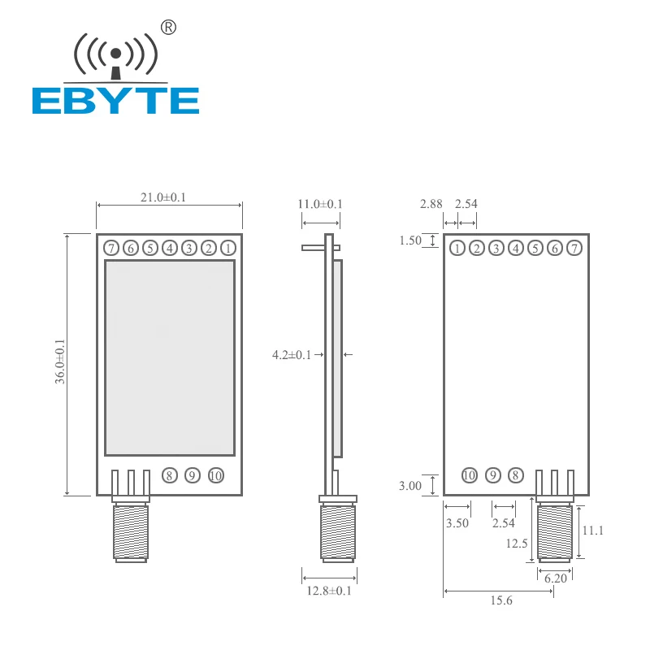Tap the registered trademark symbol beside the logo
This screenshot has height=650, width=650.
(x=169, y=28)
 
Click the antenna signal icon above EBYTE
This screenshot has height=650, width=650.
(x=115, y=55)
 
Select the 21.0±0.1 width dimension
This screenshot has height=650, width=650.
(x=162, y=197)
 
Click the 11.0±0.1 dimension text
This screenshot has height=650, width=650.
(x=320, y=204)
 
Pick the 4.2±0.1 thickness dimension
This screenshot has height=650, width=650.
(x=292, y=354)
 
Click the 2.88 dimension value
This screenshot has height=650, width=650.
(x=431, y=204)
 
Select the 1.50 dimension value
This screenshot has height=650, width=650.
(x=410, y=240)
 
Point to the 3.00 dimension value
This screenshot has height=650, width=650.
(x=410, y=486)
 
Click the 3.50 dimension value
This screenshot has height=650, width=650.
(x=457, y=523)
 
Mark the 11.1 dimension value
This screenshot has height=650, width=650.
(x=593, y=530)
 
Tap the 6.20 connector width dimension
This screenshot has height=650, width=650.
(x=555, y=578)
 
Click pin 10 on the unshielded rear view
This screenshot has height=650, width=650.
(x=469, y=475)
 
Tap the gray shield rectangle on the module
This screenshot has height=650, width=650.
(x=169, y=357)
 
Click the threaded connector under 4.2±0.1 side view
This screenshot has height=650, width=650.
(x=337, y=532)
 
